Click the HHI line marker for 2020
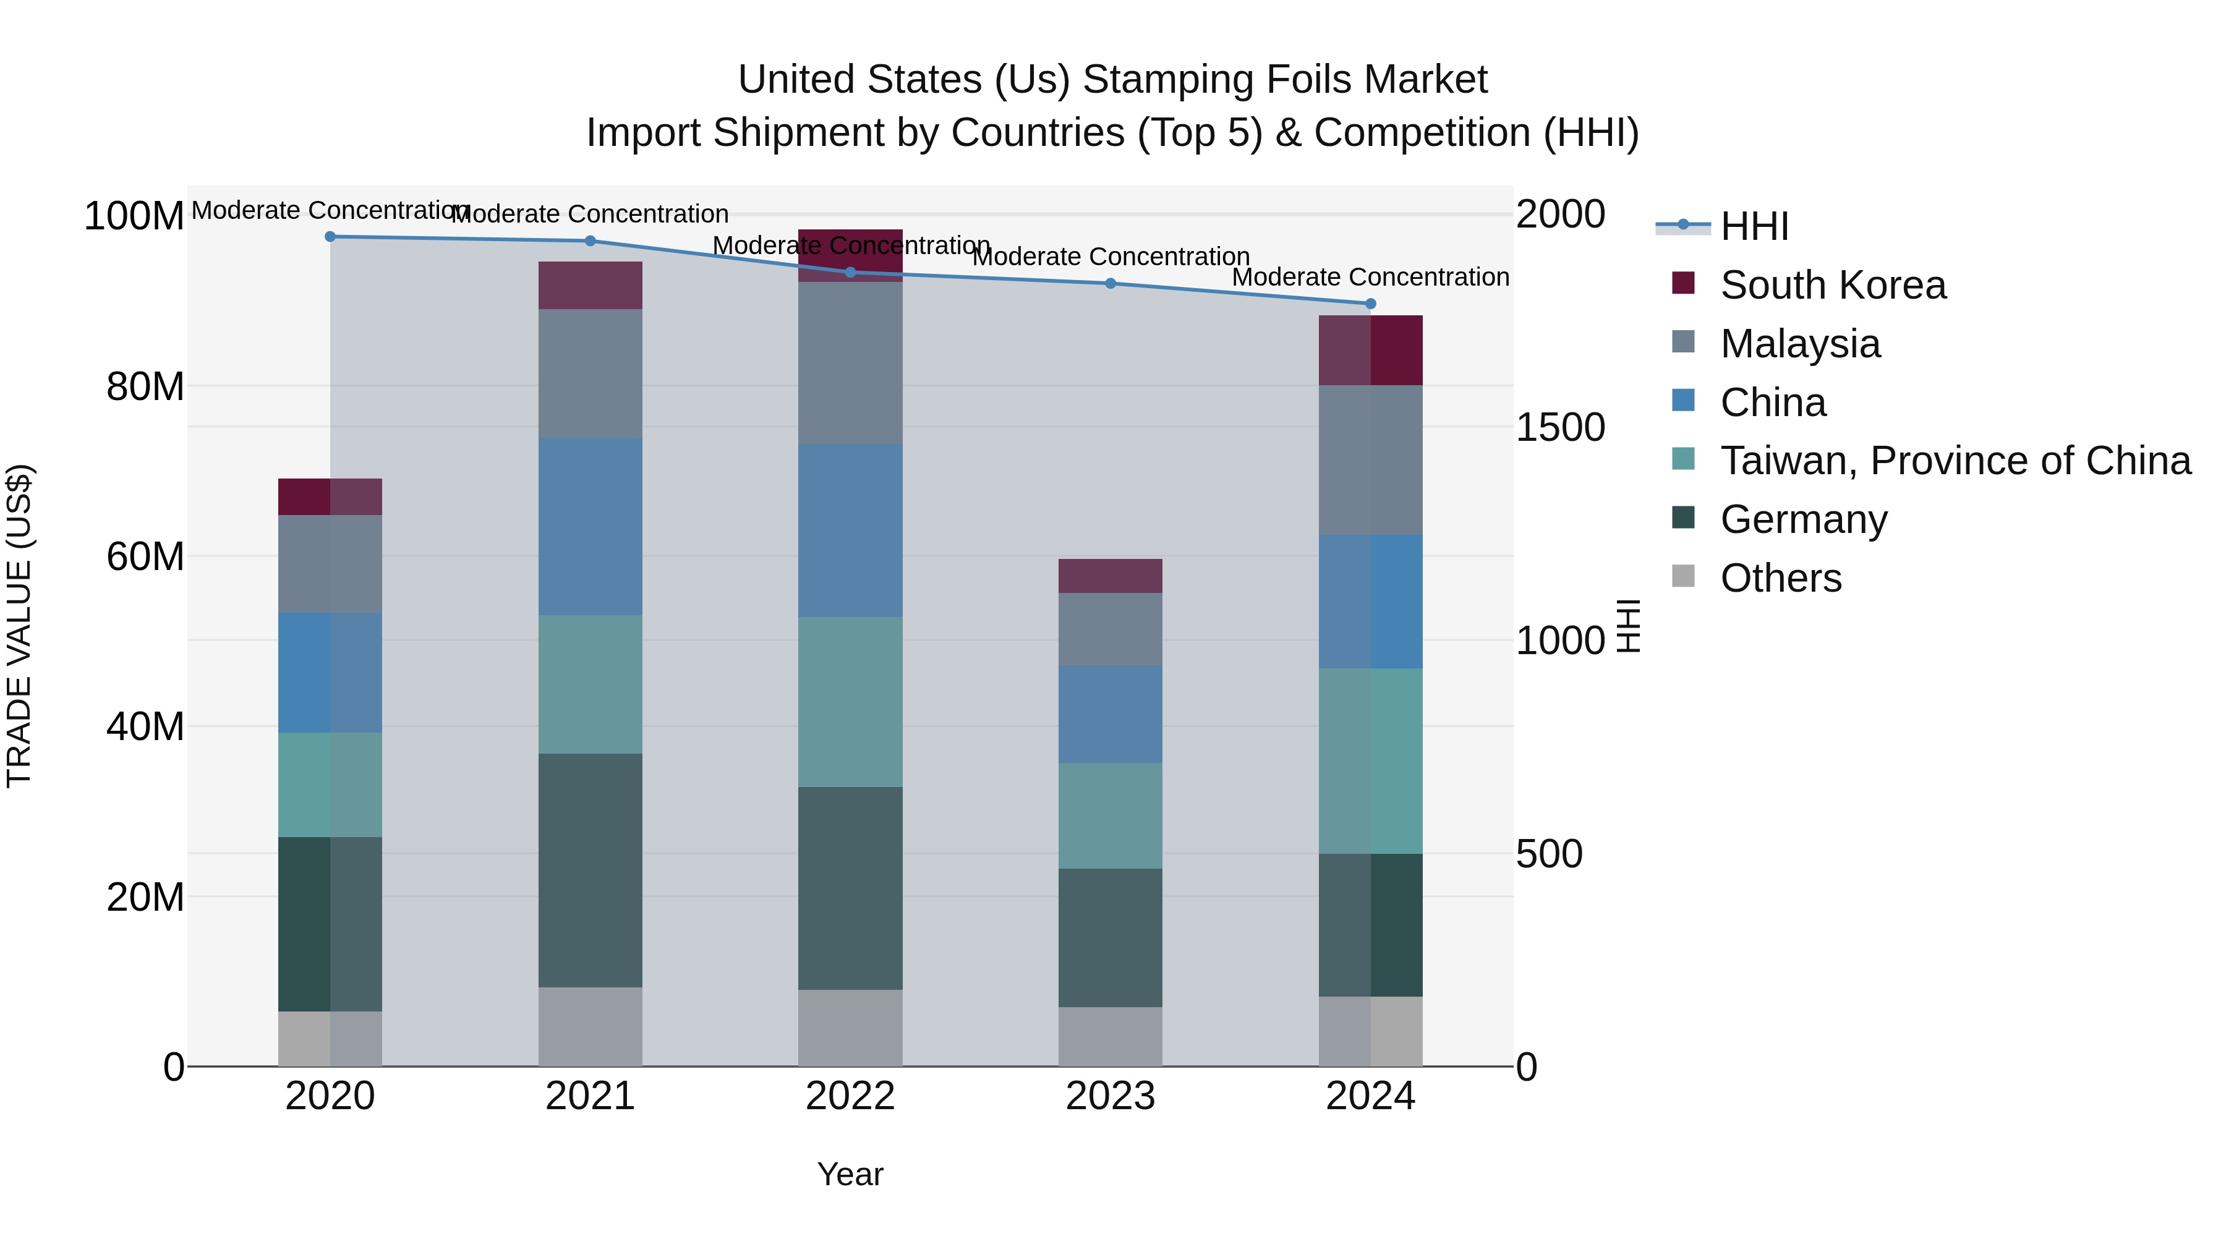click(330, 237)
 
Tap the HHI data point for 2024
click(1370, 304)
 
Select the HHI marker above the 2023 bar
click(1111, 283)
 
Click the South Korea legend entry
click(1833, 285)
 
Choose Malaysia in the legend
click(1800, 344)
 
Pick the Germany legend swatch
click(1683, 519)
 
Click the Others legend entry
click(1781, 578)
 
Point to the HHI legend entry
click(1754, 226)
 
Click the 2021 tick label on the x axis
click(591, 1096)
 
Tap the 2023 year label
click(1111, 1096)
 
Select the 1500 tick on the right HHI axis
click(1561, 428)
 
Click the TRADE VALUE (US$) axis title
click(19, 626)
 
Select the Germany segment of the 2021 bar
click(591, 870)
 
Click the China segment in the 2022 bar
click(850, 530)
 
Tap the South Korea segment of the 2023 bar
click(1111, 576)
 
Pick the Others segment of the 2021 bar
click(591, 1026)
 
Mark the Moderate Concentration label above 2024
click(1370, 278)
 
